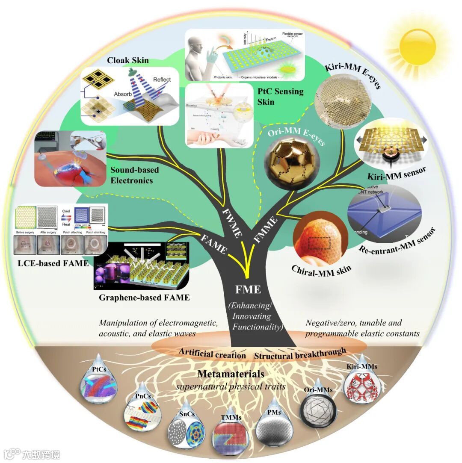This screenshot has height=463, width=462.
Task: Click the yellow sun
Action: [417, 46]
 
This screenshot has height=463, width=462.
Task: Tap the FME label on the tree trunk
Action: [248, 290]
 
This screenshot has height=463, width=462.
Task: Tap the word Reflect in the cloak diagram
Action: [162, 80]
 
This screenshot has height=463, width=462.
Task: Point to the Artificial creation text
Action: [213, 355]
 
